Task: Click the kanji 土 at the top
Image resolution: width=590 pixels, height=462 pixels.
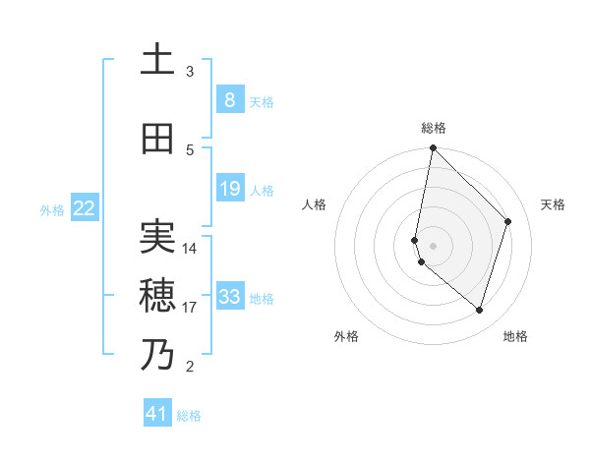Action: pyautogui.click(x=157, y=61)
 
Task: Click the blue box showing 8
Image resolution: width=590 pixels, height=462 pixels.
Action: pyautogui.click(x=228, y=100)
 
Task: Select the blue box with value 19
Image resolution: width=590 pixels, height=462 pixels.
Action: pyautogui.click(x=229, y=189)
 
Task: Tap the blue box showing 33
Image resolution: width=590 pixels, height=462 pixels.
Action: pyautogui.click(x=229, y=297)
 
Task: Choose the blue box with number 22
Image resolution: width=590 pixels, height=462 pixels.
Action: pyautogui.click(x=85, y=208)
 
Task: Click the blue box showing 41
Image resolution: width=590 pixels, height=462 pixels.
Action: pyautogui.click(x=157, y=414)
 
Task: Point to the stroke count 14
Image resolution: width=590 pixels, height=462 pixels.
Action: pyautogui.click(x=190, y=248)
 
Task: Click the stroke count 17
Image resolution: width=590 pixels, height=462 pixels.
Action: pyautogui.click(x=190, y=308)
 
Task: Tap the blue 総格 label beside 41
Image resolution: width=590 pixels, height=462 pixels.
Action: pyautogui.click(x=189, y=416)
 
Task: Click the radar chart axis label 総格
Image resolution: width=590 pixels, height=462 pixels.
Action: pyautogui.click(x=433, y=128)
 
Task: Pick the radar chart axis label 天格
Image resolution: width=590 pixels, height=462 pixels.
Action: pyautogui.click(x=553, y=204)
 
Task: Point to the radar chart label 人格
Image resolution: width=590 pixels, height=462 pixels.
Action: pyautogui.click(x=315, y=204)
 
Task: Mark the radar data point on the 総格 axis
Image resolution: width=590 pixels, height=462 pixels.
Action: pyautogui.click(x=433, y=147)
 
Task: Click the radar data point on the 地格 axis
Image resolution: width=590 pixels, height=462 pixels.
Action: pyautogui.click(x=479, y=310)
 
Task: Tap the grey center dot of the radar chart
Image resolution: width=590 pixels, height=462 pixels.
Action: pyautogui.click(x=433, y=245)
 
